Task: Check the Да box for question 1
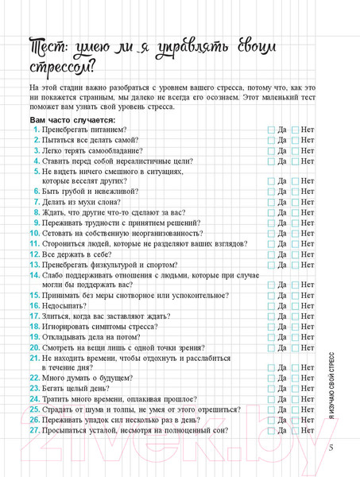(x=271, y=130)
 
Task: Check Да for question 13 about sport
(x=271, y=265)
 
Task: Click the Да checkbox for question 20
(x=271, y=347)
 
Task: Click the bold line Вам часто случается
(x=72, y=118)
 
